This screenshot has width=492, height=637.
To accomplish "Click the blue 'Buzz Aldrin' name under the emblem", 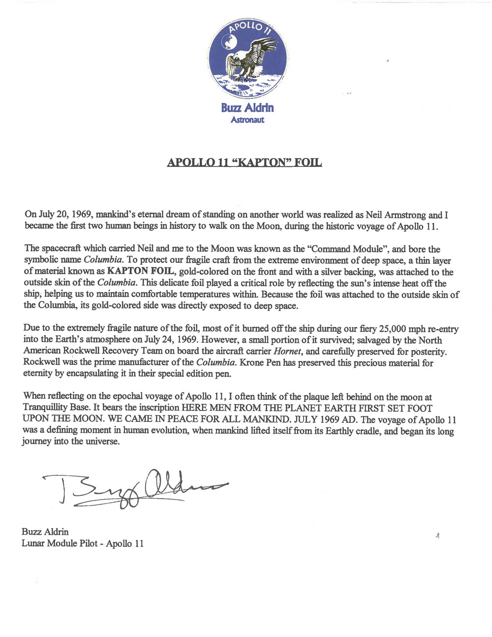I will [x=247, y=108].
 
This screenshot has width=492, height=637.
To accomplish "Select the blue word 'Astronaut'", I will [x=247, y=120].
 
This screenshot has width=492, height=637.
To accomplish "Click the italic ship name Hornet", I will [x=287, y=351].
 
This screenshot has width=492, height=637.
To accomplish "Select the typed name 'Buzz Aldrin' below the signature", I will [x=45, y=532].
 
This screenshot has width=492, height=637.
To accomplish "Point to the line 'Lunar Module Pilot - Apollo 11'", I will [x=82, y=543].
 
